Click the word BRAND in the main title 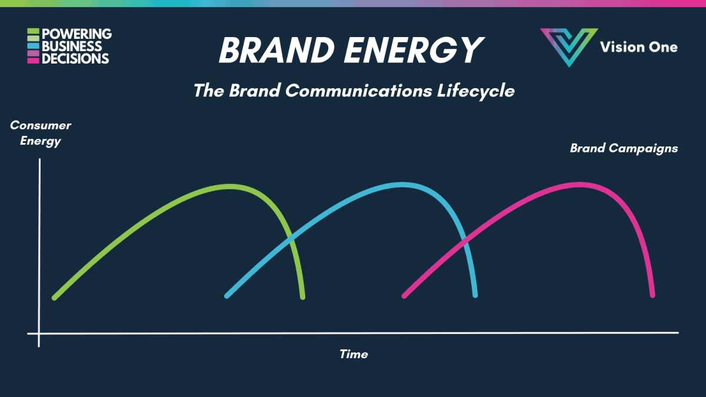click(x=277, y=50)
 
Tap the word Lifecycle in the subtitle click(x=475, y=91)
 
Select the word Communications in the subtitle click(x=359, y=91)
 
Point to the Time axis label click(x=354, y=354)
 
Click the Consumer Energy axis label click(x=41, y=134)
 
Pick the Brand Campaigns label click(x=624, y=148)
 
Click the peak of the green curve click(x=230, y=186)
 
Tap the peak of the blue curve click(x=402, y=185)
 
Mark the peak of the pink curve click(x=580, y=185)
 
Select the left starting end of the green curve click(x=54, y=298)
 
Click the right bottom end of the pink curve click(x=652, y=295)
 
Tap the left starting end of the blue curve click(x=227, y=296)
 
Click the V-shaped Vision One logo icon click(x=569, y=47)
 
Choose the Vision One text click(x=639, y=47)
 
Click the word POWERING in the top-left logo click(x=76, y=34)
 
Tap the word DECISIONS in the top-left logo click(x=75, y=59)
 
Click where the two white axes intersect click(x=39, y=333)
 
